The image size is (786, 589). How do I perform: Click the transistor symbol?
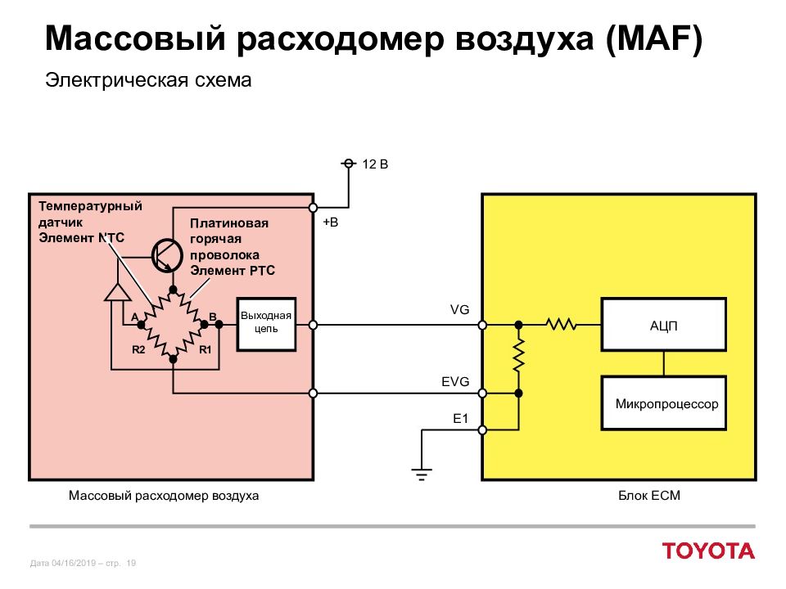pos(167,255)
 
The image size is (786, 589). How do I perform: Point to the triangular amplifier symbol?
pos(117,293)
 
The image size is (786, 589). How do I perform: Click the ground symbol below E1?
pos(422,474)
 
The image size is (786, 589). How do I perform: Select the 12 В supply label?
pos(375,164)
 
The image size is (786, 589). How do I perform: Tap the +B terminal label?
pos(330,223)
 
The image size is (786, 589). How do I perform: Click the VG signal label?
pos(459,310)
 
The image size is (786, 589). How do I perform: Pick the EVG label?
pos(455,382)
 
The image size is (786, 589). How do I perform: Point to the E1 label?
pos(460,418)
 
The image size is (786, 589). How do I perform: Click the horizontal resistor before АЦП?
pos(561,325)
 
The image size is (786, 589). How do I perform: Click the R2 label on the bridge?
pos(138,349)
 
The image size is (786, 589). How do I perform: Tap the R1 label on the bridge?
pos(206,349)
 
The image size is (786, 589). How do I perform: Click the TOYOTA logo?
pos(708,551)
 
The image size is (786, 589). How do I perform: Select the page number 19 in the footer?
pos(131,563)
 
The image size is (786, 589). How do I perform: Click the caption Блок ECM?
pos(649,496)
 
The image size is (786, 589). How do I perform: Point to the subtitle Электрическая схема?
pos(148,80)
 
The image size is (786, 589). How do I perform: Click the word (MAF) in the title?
pos(654,38)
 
